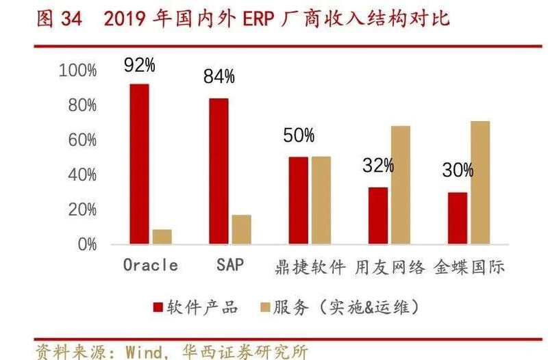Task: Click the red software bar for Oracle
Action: coord(139,164)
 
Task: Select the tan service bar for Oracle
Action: coord(162,236)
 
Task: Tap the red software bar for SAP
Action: coord(219,171)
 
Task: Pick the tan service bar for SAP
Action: coord(241,229)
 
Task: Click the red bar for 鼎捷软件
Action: coord(298,200)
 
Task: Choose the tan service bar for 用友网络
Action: coord(400,185)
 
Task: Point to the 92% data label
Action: coord(139,66)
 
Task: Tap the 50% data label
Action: coord(299,136)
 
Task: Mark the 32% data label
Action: coord(378,165)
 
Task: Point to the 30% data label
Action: coord(458,170)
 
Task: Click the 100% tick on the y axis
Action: coord(77,70)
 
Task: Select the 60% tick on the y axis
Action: coord(82,140)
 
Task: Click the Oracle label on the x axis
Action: coord(150,266)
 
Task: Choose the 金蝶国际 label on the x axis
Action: coord(469,266)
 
